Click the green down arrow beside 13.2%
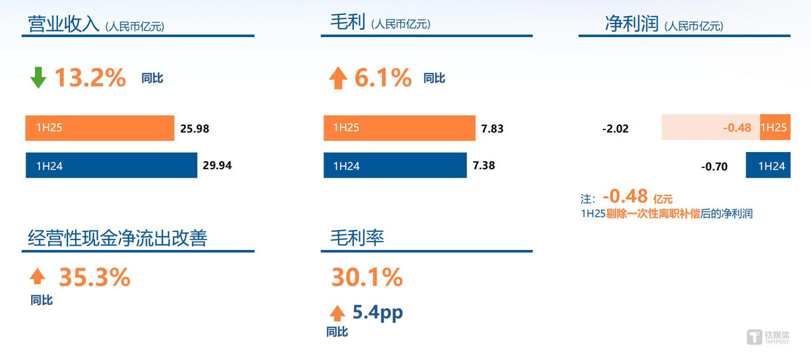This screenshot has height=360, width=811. tap(38, 78)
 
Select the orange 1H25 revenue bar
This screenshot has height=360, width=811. tap(100, 128)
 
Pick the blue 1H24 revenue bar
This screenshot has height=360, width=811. tap(112, 165)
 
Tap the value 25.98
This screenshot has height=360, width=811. tap(194, 129)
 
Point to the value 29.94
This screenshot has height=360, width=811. tap(218, 166)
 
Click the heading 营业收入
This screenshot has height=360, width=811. tap(63, 24)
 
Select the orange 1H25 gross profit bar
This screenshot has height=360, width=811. tap(399, 128)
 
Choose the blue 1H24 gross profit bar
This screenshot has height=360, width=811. tap(395, 165)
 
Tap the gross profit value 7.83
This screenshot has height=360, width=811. tap(492, 129)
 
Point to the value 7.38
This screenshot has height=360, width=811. tap(484, 166)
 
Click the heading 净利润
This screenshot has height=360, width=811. tap(631, 24)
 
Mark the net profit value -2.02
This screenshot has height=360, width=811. tap(615, 129)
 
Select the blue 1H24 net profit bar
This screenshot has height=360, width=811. tap(768, 165)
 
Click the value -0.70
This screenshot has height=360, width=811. tap(715, 167)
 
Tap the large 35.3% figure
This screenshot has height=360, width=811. tap(94, 278)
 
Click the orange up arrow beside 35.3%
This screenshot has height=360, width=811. tap(38, 277)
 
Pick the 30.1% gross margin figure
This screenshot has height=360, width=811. tap(367, 278)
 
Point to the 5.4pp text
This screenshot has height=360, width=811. tap(377, 313)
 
